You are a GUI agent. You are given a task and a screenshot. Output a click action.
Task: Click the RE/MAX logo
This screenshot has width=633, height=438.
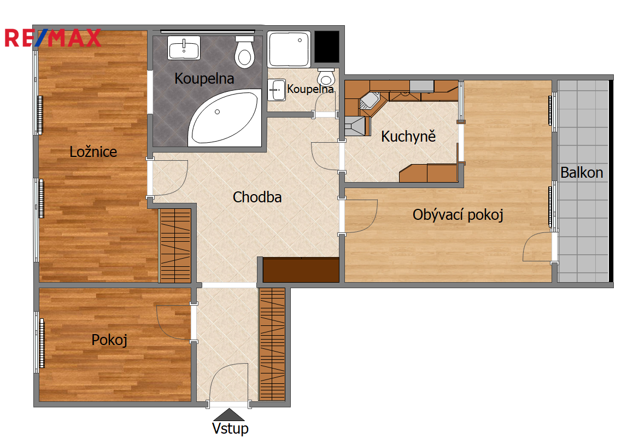coord(52,38)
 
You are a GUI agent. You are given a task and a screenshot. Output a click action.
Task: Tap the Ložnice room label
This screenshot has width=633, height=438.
coord(93,152)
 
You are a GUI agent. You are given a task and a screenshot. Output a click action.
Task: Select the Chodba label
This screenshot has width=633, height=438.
coord(257,197)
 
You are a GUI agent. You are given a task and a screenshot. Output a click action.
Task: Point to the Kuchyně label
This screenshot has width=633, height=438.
coord(408,136)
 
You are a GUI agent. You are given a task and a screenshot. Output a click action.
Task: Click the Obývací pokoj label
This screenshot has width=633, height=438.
coord(458,215)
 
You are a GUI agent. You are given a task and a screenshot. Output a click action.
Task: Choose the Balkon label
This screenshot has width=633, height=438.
coord(582,173)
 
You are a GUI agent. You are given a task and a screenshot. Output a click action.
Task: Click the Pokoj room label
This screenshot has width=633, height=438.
coord(109,340)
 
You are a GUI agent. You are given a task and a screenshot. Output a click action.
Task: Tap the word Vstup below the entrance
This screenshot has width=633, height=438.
coord(230,429)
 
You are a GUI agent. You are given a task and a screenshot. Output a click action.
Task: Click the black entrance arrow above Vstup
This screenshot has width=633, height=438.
coord(229,414)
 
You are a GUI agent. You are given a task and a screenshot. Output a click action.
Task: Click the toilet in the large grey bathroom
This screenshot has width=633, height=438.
coord(245,52)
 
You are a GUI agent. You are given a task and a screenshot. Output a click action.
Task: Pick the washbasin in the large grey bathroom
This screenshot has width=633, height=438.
coord(184,48)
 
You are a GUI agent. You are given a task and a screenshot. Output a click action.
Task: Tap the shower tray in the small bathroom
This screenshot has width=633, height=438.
coord(289,49)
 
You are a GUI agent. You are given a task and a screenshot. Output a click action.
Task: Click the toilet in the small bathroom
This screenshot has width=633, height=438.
coord(326,77)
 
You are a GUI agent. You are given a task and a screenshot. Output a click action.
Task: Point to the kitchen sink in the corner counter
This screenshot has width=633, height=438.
coord(370,101)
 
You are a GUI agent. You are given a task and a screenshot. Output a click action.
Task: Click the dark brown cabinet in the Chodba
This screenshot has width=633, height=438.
coord(301,270)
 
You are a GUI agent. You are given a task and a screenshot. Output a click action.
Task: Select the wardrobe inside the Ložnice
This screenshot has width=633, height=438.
coord(175,246)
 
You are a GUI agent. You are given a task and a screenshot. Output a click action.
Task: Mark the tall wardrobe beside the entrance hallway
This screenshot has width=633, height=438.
coord(272,344)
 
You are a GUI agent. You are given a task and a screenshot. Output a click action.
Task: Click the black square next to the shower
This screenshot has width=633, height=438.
coord(326,47)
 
